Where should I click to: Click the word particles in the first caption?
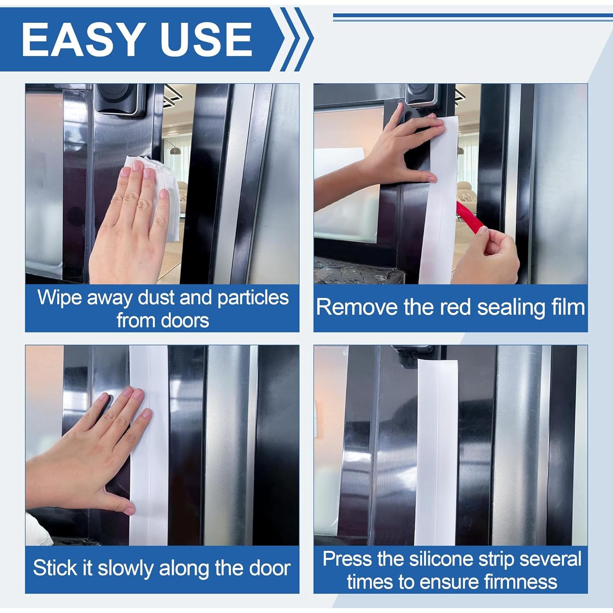253,298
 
